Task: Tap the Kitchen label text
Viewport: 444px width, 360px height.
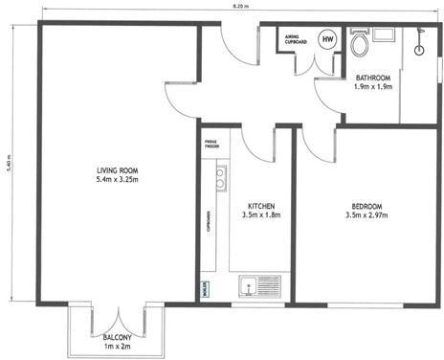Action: [x=261, y=205]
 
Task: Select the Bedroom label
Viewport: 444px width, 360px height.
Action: [x=367, y=206]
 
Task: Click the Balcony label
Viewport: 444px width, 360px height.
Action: [x=118, y=336]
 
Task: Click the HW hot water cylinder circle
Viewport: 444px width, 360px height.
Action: [x=328, y=39]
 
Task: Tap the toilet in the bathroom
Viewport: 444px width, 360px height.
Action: [x=360, y=44]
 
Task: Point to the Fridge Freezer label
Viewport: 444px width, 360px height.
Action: [x=211, y=146]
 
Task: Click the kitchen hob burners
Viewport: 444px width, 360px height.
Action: [x=220, y=176]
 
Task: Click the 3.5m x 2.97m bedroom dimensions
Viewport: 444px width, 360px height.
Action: [x=367, y=216]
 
